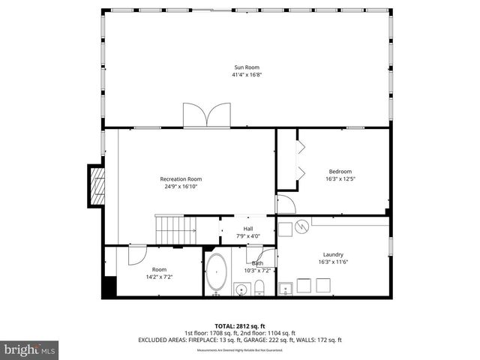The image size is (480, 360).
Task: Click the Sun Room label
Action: [247, 67]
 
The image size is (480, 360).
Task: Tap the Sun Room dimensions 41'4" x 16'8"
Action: [247, 75]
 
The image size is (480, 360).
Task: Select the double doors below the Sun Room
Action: [206, 115]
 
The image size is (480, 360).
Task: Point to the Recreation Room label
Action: [181, 178]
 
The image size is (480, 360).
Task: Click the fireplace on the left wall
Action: [95, 184]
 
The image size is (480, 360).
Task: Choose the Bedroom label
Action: [339, 171]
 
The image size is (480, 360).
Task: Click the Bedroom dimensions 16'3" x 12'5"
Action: [339, 178]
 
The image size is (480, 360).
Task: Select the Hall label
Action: [248, 229]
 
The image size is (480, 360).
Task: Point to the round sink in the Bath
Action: [241, 289]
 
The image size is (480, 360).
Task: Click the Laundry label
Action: [333, 253]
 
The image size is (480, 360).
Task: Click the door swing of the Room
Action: [136, 255]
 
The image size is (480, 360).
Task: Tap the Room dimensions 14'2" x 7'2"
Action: [159, 277]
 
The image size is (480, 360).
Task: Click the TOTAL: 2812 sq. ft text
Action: [240, 326]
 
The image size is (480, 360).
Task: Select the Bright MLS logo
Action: [30, 349]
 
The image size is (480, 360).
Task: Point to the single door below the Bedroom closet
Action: [286, 204]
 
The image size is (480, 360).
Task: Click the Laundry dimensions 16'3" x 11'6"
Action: [333, 261]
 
